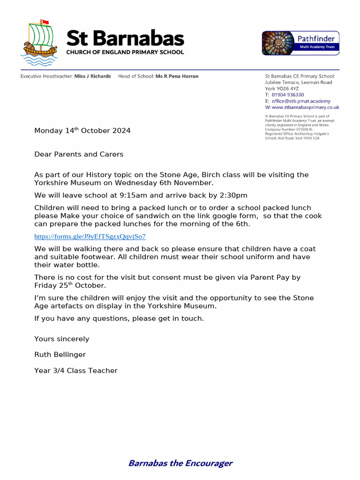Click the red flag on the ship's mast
[x=45, y=22]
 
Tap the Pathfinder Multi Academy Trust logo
[x=300, y=43]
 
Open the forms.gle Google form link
[x=90, y=237]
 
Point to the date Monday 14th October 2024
[x=82, y=131]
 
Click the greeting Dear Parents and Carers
[x=79, y=154]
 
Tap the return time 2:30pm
[x=233, y=195]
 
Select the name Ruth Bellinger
[x=60, y=355]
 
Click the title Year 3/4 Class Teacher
[x=76, y=371]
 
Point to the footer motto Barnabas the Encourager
[x=180, y=464]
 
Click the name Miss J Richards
[x=93, y=76]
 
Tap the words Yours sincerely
[x=61, y=339]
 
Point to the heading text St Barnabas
[x=125, y=38]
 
